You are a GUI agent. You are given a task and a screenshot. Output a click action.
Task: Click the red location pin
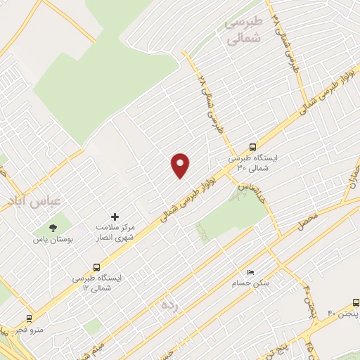[181, 165]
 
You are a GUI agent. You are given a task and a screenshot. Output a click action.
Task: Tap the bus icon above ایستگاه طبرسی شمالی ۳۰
[252, 147]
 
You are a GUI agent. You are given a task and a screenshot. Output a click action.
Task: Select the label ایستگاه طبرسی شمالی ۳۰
[253, 164]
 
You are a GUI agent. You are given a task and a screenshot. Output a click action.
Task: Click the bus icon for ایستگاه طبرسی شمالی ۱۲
[96, 266]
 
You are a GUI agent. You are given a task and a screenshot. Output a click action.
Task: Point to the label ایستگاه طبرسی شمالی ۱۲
[97, 283]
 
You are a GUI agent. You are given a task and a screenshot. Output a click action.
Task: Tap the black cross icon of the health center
[115, 216]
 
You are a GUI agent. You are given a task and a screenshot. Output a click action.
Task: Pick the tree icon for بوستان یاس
[53, 226]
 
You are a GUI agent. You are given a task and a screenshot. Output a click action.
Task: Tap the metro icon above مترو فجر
[29, 317]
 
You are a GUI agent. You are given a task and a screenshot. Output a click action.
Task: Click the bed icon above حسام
[250, 271]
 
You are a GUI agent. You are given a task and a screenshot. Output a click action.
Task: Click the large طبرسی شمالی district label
[243, 31]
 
